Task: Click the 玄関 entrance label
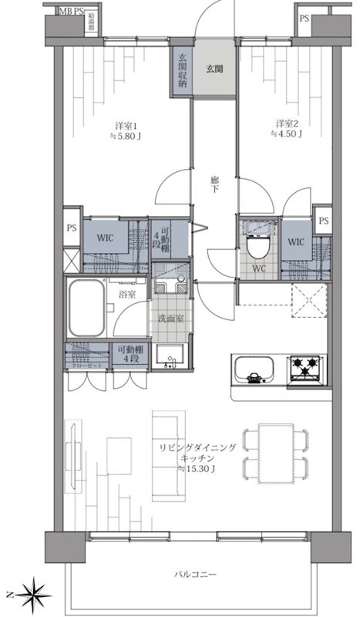214,69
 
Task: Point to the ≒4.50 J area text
285,133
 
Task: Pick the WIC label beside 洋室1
106,238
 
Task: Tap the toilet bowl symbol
257,247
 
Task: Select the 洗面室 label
170,319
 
